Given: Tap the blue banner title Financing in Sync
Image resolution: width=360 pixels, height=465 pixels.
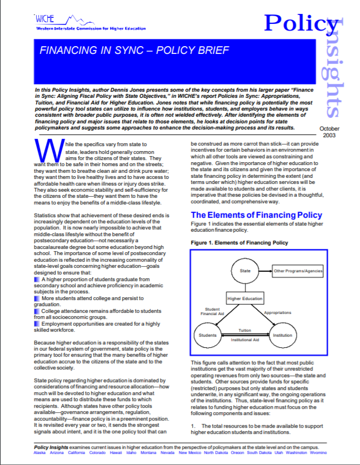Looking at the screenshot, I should click(x=134, y=51).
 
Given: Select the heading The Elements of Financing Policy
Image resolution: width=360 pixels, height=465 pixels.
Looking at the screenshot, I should click(x=256, y=215).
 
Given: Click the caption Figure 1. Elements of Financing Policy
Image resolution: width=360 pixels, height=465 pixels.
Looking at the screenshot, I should click(x=239, y=243).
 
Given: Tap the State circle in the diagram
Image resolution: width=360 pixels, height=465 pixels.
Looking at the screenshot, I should click(x=245, y=272).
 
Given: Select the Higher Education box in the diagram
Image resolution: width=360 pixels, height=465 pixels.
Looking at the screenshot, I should click(x=245, y=299).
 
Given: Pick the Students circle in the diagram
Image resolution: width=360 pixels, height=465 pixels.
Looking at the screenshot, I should click(x=208, y=336).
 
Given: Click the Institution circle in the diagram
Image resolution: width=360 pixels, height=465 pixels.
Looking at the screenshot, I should click(x=282, y=336).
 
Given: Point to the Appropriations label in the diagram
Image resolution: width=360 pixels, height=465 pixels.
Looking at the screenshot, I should click(x=277, y=313).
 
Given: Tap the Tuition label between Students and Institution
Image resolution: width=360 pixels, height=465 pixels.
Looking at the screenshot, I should click(x=245, y=330).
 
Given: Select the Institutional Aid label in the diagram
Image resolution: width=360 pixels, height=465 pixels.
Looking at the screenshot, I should click(x=245, y=339).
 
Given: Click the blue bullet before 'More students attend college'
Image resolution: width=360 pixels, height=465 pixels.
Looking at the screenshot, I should click(x=37, y=299).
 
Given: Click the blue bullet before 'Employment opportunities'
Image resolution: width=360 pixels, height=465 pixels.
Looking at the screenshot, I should click(x=37, y=323).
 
